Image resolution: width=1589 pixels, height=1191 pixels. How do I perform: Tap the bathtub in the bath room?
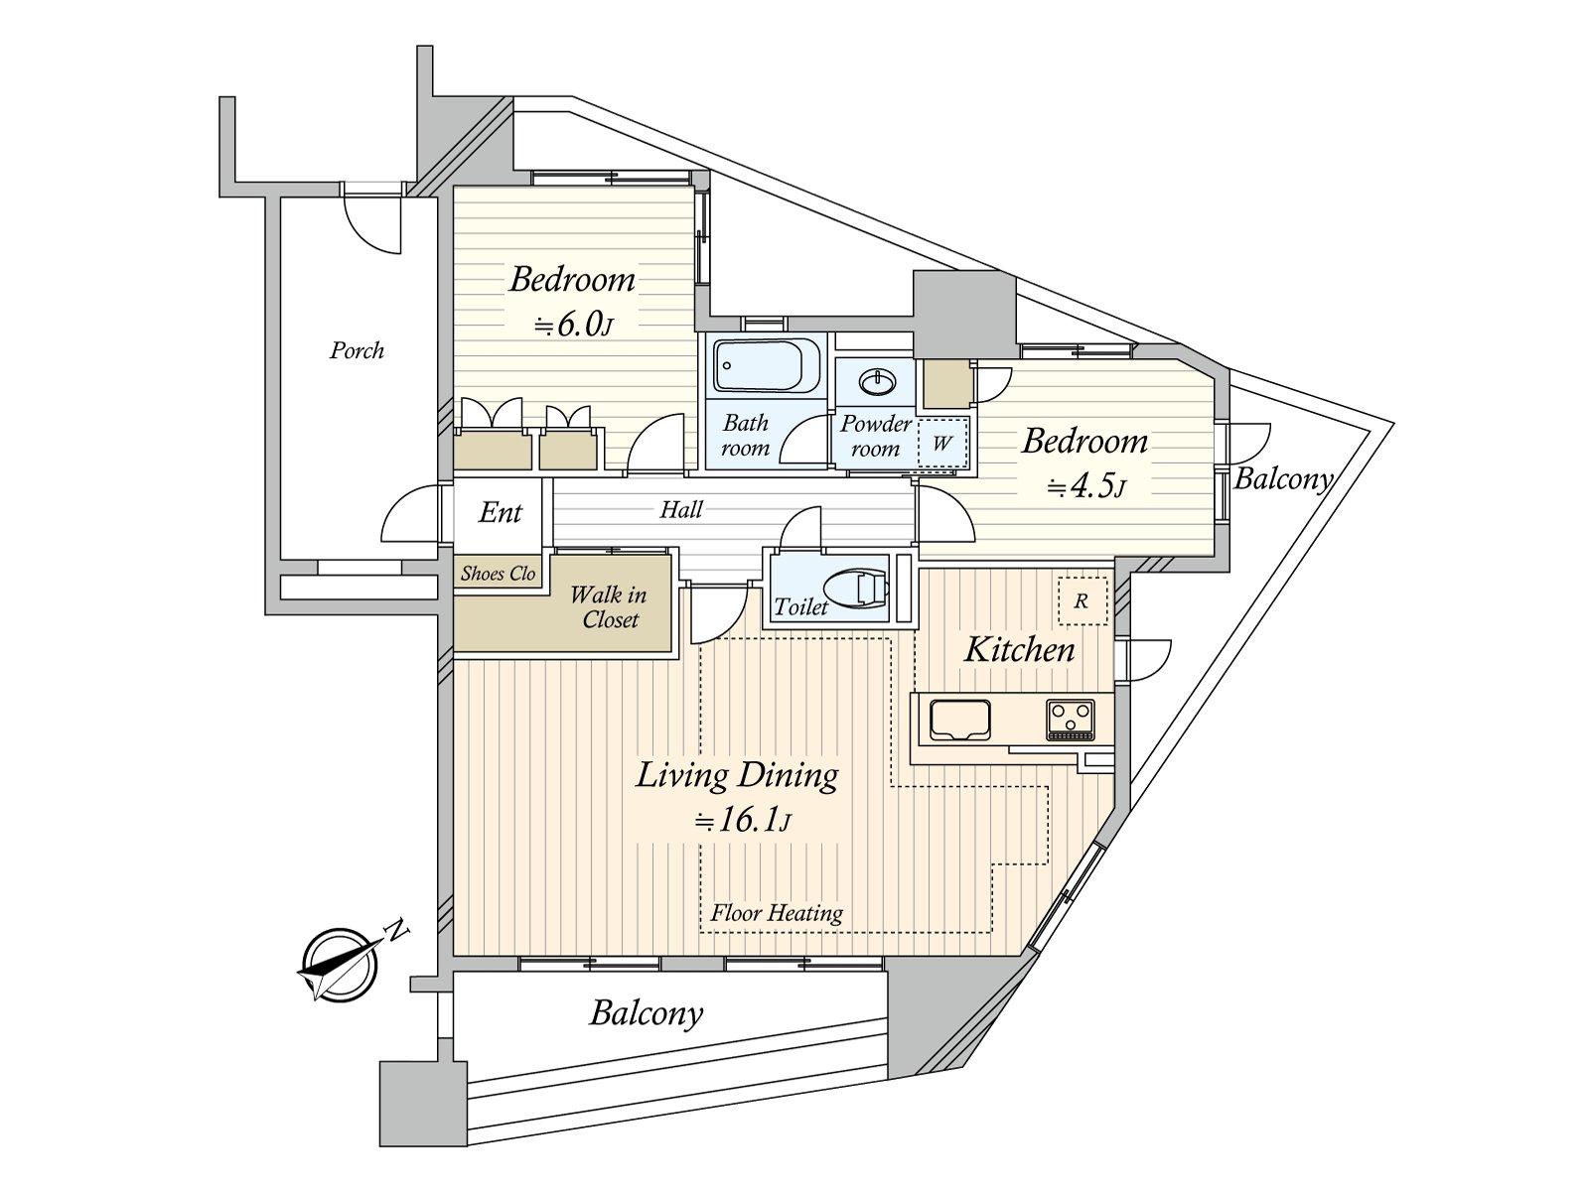pyautogui.click(x=767, y=365)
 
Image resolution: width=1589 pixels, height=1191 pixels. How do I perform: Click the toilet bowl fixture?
pyautogui.click(x=856, y=589)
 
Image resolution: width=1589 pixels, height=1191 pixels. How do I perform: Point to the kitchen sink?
pyautogui.click(x=960, y=721)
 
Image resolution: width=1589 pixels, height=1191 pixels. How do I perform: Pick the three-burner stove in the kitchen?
pyautogui.click(x=1070, y=720)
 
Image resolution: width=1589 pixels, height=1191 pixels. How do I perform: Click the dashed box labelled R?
pyautogui.click(x=1082, y=600)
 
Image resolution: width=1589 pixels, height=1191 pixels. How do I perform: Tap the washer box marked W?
pyautogui.click(x=942, y=443)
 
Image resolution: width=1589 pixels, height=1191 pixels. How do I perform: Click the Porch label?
pyautogui.click(x=357, y=350)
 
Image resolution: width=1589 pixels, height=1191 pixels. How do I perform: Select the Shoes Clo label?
pyautogui.click(x=499, y=574)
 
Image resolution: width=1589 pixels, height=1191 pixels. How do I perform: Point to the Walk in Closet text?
pyautogui.click(x=608, y=607)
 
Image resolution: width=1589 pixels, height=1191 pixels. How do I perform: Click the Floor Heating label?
pyautogui.click(x=776, y=913)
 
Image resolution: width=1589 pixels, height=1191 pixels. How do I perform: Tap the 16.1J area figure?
pyautogui.click(x=743, y=822)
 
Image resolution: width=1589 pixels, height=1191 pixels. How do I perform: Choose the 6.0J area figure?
pyautogui.click(x=573, y=327)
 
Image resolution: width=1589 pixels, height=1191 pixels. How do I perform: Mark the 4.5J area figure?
pyautogui.click(x=1086, y=488)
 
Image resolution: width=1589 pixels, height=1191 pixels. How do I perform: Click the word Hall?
pyautogui.click(x=681, y=510)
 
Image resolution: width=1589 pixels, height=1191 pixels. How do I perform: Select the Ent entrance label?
pyautogui.click(x=500, y=513)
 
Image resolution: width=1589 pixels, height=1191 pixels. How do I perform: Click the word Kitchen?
pyautogui.click(x=1019, y=650)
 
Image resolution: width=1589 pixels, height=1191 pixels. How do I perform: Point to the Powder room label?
pyautogui.click(x=875, y=436)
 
